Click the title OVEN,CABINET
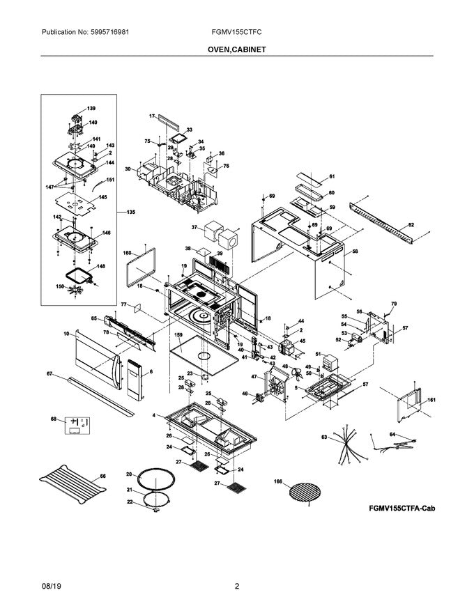[236, 50]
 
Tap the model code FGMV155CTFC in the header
[237, 32]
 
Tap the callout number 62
[411, 225]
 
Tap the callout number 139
[91, 109]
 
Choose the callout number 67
[50, 375]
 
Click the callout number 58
[355, 251]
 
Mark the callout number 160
[128, 253]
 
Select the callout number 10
[66, 334]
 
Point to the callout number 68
[53, 419]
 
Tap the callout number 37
[194, 227]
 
